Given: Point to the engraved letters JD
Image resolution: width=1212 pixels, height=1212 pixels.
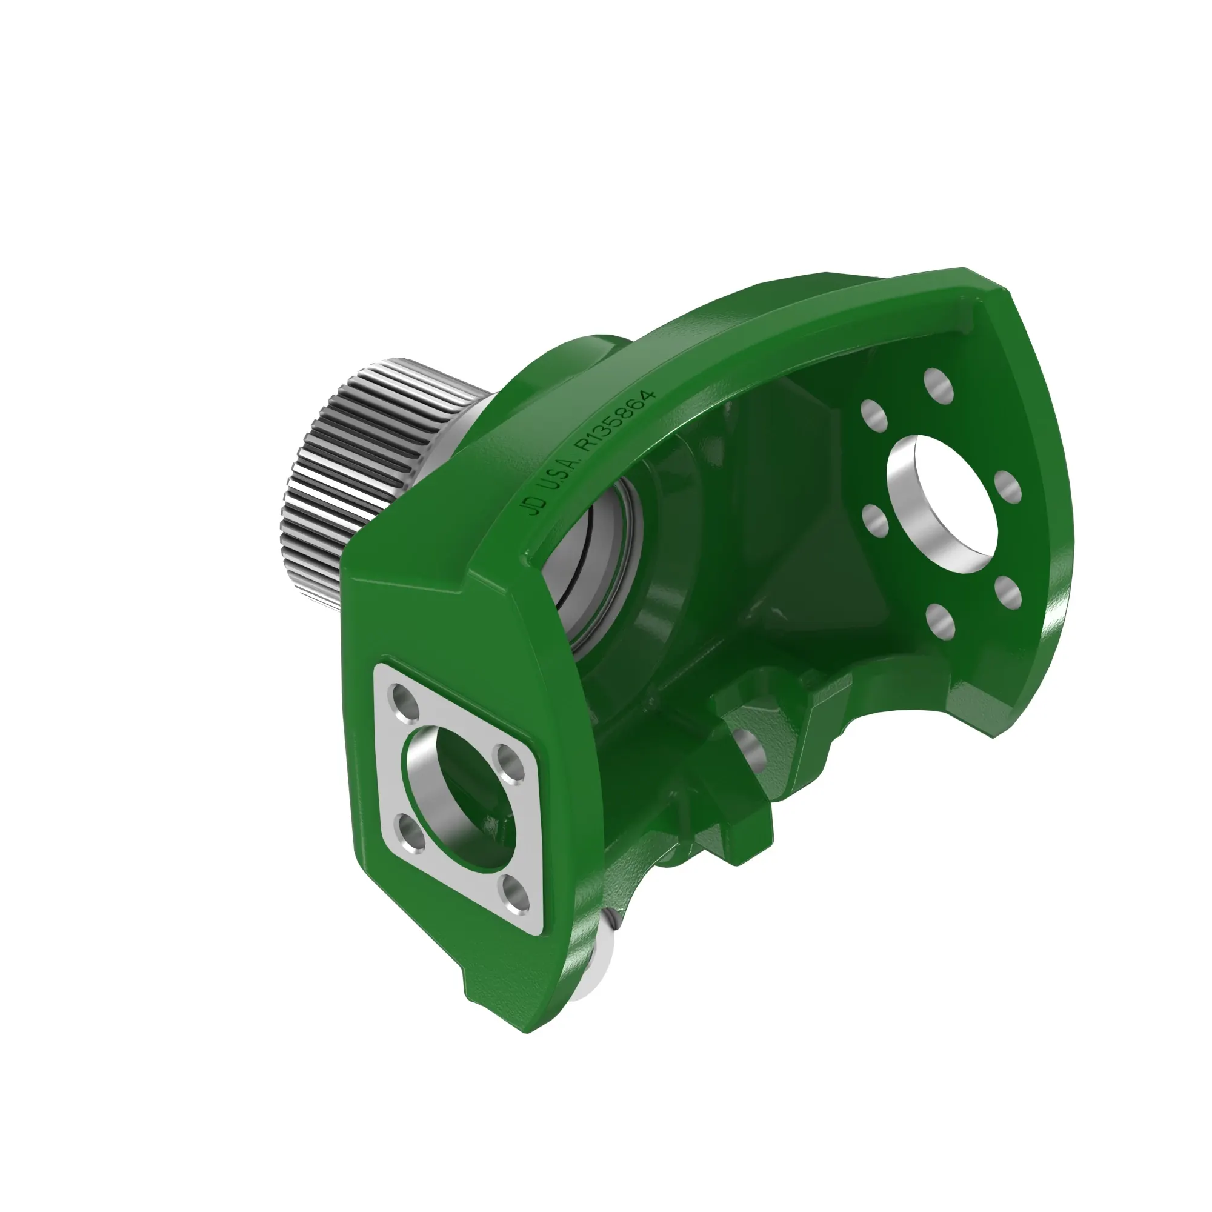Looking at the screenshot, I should [536, 504].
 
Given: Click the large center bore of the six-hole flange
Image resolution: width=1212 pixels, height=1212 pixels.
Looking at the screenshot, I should [941, 502].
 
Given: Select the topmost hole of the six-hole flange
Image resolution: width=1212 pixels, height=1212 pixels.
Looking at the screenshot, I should [939, 385].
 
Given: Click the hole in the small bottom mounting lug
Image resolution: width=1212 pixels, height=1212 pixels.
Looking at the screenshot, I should [750, 747].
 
